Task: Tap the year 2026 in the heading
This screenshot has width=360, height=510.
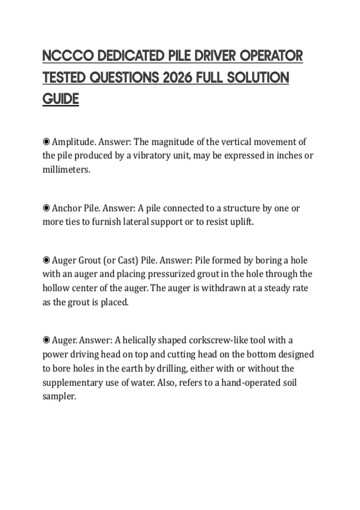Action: [x=177, y=78]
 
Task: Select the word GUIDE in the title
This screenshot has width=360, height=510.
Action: [x=61, y=99]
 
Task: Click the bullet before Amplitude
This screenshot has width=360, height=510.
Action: [x=46, y=141]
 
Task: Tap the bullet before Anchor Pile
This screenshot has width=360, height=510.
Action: [x=46, y=208]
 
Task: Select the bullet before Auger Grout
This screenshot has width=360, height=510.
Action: [x=46, y=260]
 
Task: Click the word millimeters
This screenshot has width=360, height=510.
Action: [x=66, y=169]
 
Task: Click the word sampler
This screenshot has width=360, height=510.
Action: [x=59, y=397]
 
